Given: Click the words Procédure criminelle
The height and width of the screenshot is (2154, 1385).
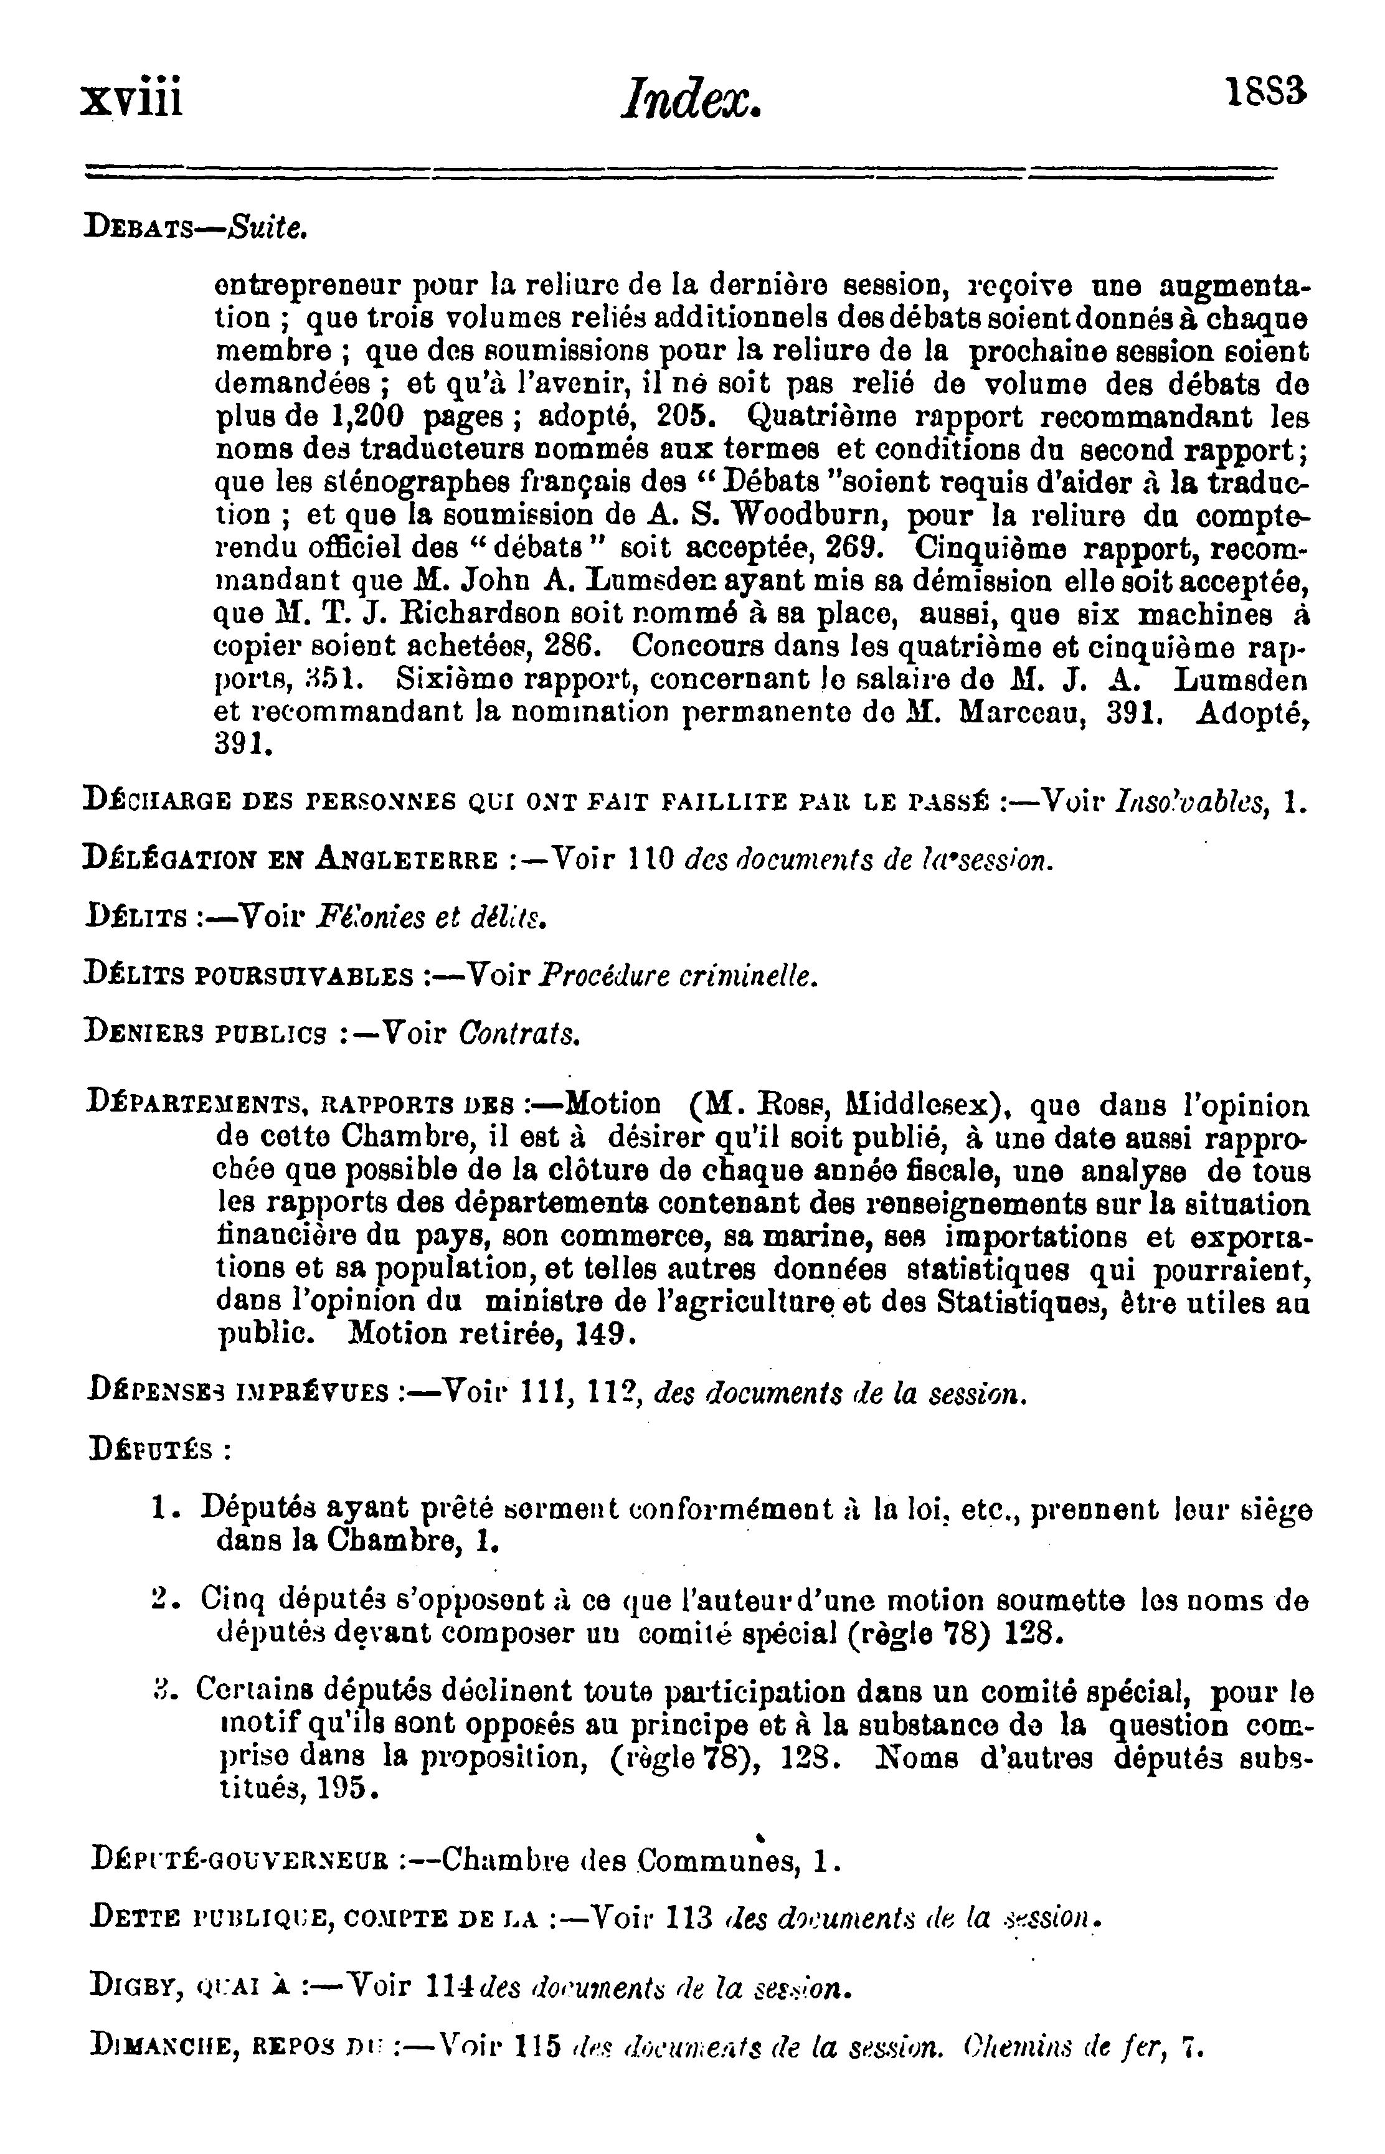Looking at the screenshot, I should click(679, 976).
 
